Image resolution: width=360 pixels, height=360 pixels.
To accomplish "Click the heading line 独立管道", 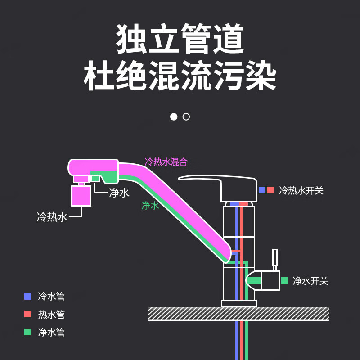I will pos(180,40).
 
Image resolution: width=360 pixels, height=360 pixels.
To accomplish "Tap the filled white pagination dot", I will pos(174,117).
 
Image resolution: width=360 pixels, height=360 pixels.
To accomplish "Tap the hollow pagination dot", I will pos(186,117).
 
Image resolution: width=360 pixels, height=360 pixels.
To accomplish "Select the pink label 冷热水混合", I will pos(166,162).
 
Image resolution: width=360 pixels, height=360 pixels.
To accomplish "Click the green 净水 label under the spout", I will pos(150,206).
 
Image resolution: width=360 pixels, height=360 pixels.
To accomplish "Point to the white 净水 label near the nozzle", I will pos(119,193).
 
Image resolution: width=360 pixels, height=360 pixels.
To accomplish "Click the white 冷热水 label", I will pos(52,217).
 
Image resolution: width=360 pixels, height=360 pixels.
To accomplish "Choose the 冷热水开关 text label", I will pos(301,190).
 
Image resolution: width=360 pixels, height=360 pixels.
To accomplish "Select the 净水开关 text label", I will pos(310,281).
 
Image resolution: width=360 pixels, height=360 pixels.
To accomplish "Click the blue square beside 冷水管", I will pos(28,296).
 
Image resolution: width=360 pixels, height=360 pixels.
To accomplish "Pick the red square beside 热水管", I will pos(28,314).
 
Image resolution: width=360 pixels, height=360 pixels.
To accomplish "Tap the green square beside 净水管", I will pos(28,332).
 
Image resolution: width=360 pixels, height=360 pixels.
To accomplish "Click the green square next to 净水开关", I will pos(284,281).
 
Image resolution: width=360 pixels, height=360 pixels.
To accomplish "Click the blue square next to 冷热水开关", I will pos(262,190).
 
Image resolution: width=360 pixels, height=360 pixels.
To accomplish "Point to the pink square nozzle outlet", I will pos(81,196).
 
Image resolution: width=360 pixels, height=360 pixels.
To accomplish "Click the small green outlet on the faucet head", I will pos(95,178).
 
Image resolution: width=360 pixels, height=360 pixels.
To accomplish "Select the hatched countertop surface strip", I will pos(238,314).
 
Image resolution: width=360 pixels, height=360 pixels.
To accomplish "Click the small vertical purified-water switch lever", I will pos(274,259).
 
